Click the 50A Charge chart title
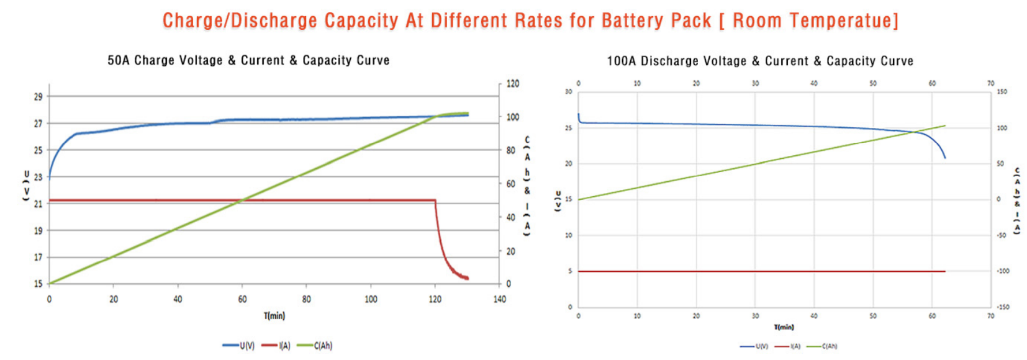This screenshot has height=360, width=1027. click(248, 60)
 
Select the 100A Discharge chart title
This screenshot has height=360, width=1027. click(759, 61)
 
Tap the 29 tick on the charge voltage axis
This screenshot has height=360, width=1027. click(38, 97)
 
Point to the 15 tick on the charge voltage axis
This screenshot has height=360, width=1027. click(38, 284)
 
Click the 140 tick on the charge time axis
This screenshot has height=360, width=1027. click(499, 299)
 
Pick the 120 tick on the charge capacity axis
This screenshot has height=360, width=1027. click(513, 84)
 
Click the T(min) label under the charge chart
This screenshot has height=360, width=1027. click(274, 316)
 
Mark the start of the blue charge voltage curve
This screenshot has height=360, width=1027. click(50, 177)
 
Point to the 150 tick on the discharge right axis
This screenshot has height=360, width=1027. click(1002, 92)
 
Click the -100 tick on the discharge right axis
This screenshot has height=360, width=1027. click(1003, 271)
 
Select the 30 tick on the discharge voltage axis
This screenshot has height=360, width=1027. click(568, 92)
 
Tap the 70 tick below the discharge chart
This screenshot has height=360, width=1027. click(990, 316)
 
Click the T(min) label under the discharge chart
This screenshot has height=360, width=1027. click(784, 327)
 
